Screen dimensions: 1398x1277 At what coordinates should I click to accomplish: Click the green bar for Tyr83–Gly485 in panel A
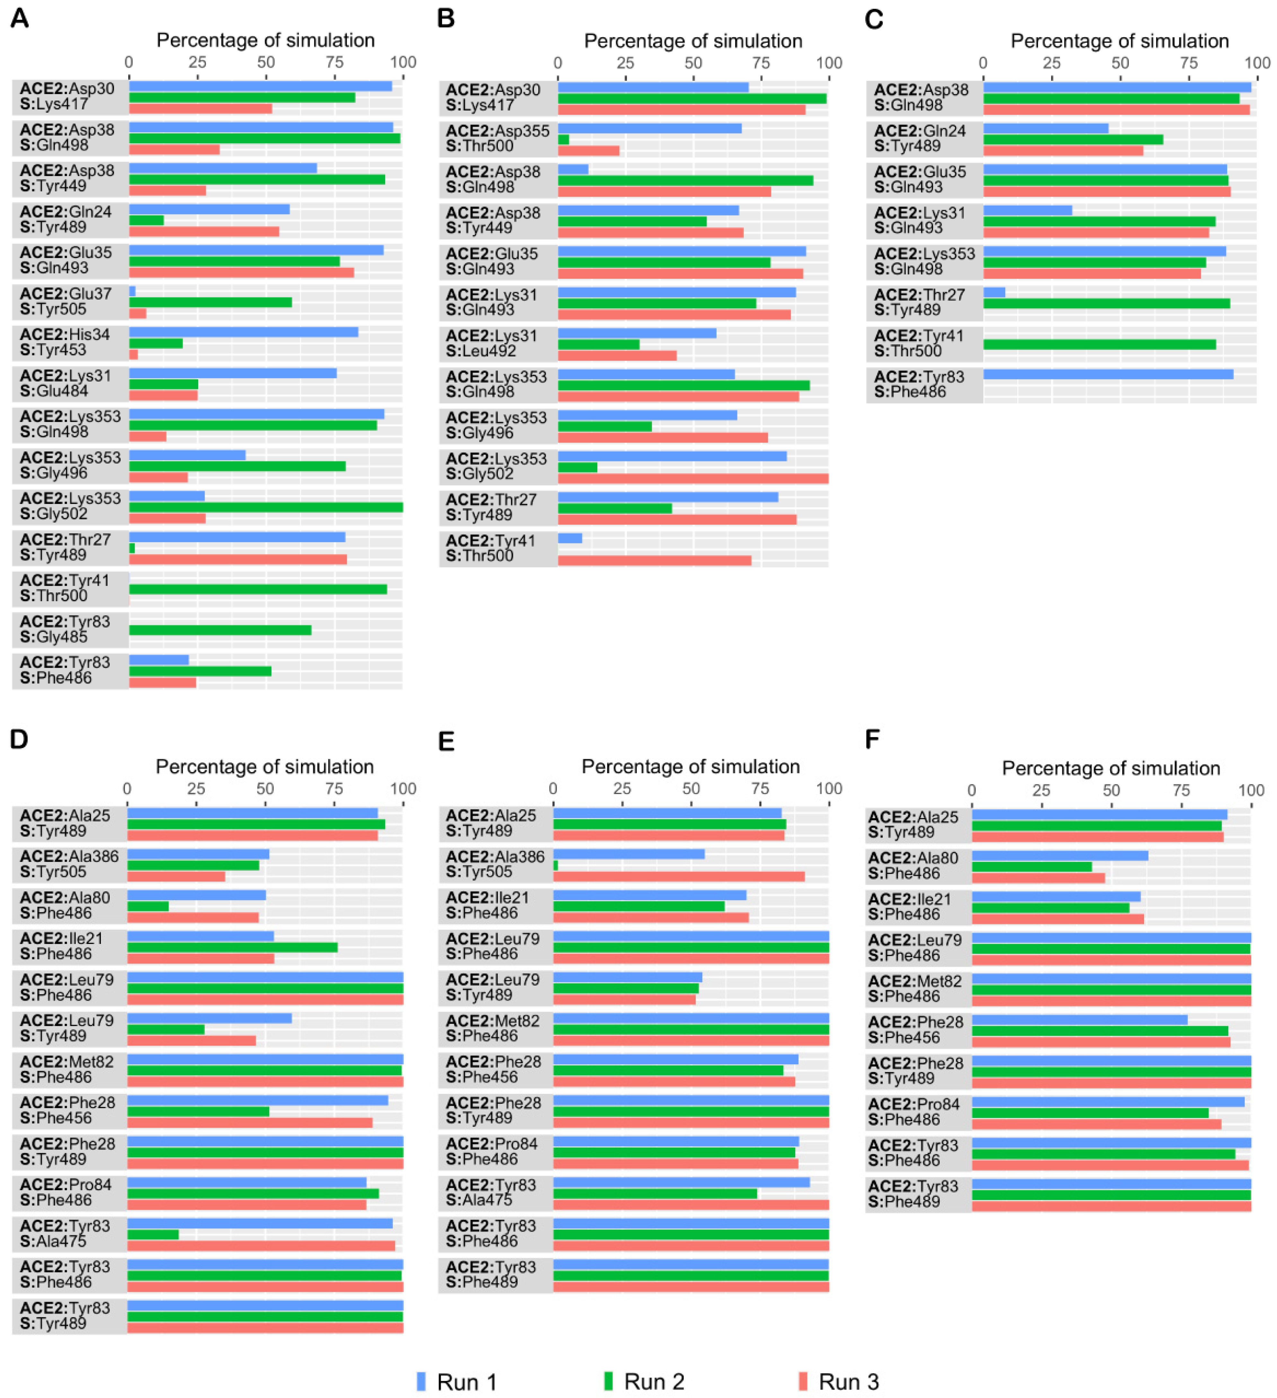coord(220,630)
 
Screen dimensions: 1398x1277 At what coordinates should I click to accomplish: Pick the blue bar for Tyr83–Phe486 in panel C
coord(1108,374)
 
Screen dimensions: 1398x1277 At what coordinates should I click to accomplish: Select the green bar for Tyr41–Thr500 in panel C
coord(1099,345)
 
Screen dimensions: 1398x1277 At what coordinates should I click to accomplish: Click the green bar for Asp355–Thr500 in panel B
coord(563,139)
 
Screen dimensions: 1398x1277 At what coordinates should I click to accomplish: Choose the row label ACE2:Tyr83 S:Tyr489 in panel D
coord(65,1315)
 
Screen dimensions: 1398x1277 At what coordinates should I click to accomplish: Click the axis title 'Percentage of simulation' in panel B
coord(692,41)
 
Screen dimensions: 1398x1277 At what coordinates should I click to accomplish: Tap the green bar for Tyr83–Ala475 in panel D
coord(153,1234)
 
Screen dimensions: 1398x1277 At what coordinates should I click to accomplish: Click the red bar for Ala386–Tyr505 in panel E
coord(678,876)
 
